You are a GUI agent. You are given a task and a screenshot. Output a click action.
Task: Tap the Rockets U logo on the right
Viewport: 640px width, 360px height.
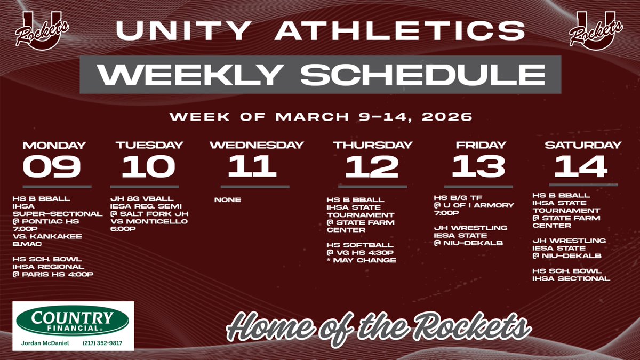[596, 34]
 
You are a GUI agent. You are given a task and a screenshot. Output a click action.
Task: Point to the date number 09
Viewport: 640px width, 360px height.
[52, 166]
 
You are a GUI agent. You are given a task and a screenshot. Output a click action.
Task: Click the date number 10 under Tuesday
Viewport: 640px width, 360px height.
[148, 166]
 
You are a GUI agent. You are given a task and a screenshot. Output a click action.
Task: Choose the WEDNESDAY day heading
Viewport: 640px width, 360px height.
[257, 145]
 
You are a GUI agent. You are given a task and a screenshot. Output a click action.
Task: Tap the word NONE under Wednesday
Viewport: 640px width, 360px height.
[227, 200]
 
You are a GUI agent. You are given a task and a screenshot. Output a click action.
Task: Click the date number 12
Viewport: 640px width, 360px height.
[372, 166]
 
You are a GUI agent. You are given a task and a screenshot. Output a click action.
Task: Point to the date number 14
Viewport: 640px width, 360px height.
[581, 166]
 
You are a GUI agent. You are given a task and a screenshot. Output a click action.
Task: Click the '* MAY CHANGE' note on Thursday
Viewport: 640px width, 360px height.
[362, 260]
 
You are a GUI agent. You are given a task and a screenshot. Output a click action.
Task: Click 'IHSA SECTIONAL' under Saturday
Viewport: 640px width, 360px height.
[571, 278]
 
